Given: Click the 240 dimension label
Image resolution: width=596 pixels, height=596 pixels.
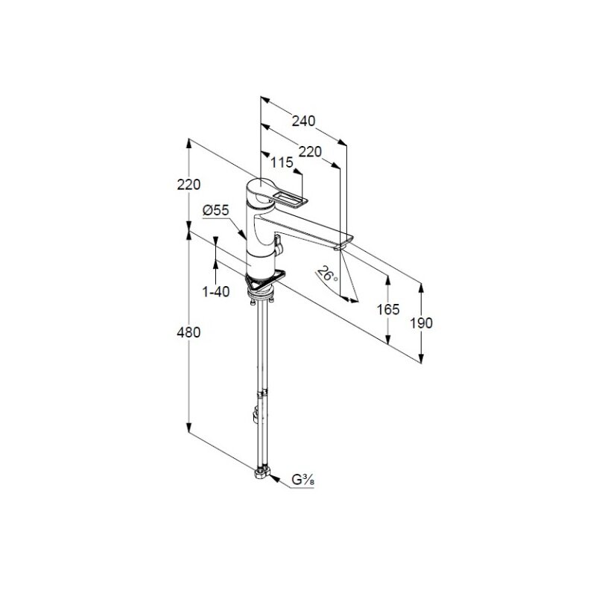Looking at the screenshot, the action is pyautogui.click(x=304, y=121).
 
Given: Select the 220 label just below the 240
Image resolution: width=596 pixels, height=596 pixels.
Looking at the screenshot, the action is pyautogui.click(x=310, y=152).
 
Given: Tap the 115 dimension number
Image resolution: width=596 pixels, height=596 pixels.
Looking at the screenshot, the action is pyautogui.click(x=282, y=162).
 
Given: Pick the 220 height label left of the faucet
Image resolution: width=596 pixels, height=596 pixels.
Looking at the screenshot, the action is pyautogui.click(x=188, y=185).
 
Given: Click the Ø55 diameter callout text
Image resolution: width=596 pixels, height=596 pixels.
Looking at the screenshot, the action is pyautogui.click(x=216, y=210).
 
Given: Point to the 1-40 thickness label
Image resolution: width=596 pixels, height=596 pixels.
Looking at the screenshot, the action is pyautogui.click(x=216, y=292).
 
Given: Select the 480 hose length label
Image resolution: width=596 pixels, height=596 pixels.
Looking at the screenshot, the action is pyautogui.click(x=188, y=332).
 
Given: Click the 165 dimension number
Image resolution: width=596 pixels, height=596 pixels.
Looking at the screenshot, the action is pyautogui.click(x=388, y=310).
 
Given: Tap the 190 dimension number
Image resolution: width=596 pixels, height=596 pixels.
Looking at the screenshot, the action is pyautogui.click(x=421, y=323).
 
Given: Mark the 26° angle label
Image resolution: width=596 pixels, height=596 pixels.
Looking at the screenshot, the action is pyautogui.click(x=328, y=273).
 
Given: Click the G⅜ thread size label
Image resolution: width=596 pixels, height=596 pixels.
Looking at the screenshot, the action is pyautogui.click(x=302, y=480).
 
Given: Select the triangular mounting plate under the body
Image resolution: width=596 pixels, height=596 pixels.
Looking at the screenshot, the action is pyautogui.click(x=265, y=281).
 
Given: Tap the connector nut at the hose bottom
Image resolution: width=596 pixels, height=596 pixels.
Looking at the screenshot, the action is pyautogui.click(x=262, y=474).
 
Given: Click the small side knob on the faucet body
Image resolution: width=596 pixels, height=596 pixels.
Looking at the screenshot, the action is pyautogui.click(x=278, y=245).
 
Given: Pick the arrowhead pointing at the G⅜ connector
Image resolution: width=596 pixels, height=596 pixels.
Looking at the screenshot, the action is pyautogui.click(x=275, y=478).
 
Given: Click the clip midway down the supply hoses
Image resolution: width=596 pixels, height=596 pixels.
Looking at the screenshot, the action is pyautogui.click(x=262, y=394).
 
